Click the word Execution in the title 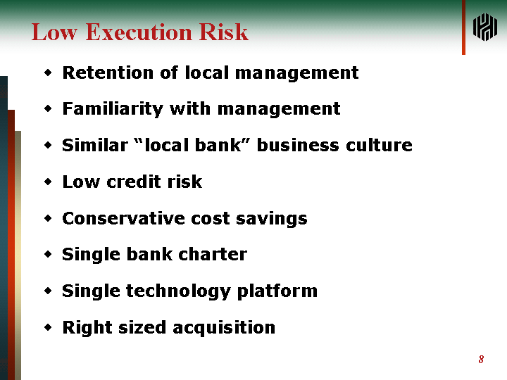point(139,32)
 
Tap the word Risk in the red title point(224,32)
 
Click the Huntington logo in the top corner point(485,27)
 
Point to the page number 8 point(481,360)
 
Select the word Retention point(108,72)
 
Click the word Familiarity point(113,109)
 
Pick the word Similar point(95,145)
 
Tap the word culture point(380,145)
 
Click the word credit point(134,182)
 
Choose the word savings point(272,219)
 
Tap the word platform point(277,291)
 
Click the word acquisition point(224,328)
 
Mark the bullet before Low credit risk point(48,182)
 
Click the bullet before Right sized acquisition point(48,328)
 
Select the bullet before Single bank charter point(48,255)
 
